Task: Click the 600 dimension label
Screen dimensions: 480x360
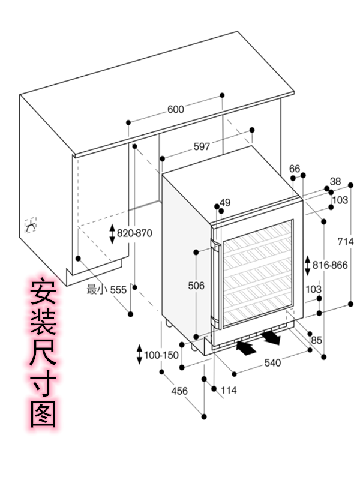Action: point(175,109)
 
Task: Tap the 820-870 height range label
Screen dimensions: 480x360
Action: point(134,233)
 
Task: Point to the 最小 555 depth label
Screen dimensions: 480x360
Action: point(106,290)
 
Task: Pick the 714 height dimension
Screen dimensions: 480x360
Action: point(345,241)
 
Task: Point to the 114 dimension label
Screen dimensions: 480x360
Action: point(228,391)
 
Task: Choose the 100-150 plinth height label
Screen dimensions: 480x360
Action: point(161,355)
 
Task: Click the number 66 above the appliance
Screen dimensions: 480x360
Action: point(294,169)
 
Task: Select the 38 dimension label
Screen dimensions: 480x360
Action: point(335,182)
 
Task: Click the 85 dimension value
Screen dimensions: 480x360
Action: point(316,340)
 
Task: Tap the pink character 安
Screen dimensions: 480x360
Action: point(43,293)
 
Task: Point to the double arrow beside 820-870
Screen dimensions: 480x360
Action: point(112,233)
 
